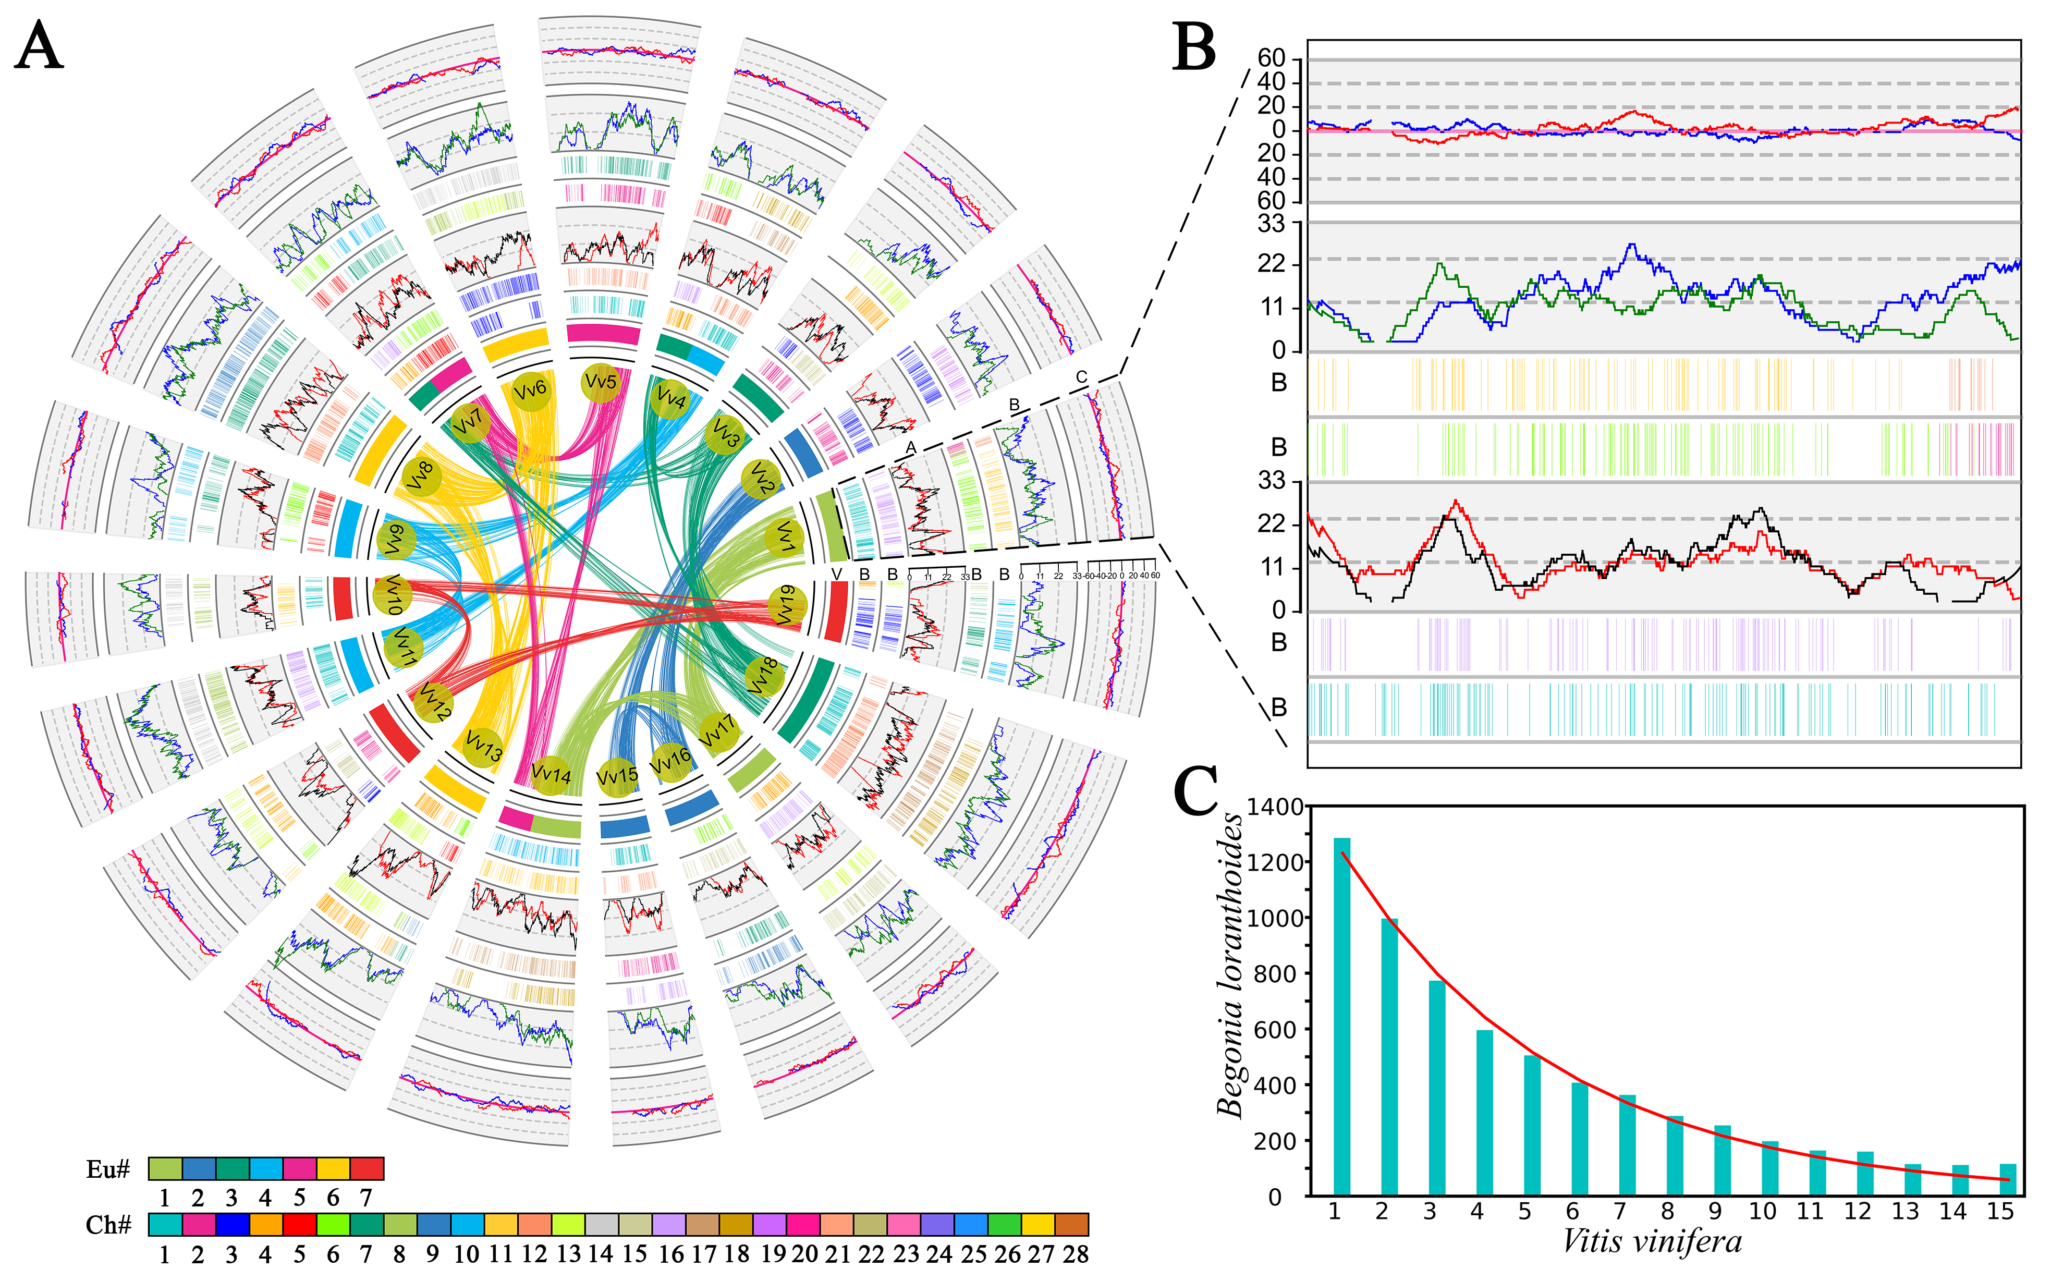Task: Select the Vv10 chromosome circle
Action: pos(392,595)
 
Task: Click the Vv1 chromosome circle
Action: pos(785,537)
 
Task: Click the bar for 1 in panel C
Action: pos(1342,1017)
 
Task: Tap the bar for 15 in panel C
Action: pos(2007,1179)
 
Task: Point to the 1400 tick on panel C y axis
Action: pos(1274,808)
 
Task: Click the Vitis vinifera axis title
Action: pos(1652,1242)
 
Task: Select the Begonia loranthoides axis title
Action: pos(1230,966)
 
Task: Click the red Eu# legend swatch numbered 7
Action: pos(367,1169)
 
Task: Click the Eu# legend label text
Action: pos(107,1170)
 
